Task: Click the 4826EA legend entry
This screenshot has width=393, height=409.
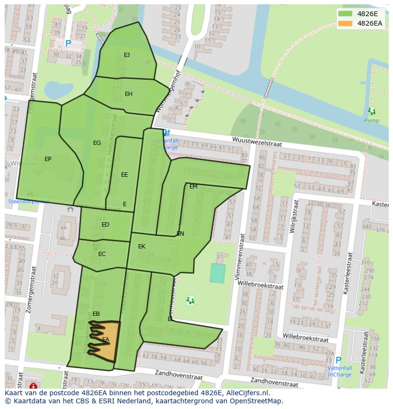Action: pyautogui.click(x=361, y=23)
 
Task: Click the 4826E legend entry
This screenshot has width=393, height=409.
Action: pyautogui.click(x=361, y=13)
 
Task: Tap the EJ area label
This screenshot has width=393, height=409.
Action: pyautogui.click(x=127, y=55)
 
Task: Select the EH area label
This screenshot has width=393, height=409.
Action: pyautogui.click(x=129, y=94)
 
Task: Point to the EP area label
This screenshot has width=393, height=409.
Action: pyautogui.click(x=48, y=159)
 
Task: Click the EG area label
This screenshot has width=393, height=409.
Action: pyautogui.click(x=97, y=143)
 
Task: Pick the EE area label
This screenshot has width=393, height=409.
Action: pyautogui.click(x=124, y=175)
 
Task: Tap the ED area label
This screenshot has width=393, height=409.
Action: pyautogui.click(x=105, y=225)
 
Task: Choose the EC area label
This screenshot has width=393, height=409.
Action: pyautogui.click(x=102, y=254)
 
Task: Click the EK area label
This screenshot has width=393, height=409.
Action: pyautogui.click(x=141, y=247)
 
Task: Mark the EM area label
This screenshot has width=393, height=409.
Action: pyautogui.click(x=193, y=187)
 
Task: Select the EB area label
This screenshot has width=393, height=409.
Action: pyautogui.click(x=96, y=314)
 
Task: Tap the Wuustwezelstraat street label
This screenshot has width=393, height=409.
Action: pyautogui.click(x=257, y=142)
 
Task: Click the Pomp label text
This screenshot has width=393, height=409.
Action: pyautogui.click(x=371, y=121)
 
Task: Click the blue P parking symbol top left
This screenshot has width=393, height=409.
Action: pyautogui.click(x=68, y=44)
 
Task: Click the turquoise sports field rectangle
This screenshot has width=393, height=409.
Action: pyautogui.click(x=217, y=273)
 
